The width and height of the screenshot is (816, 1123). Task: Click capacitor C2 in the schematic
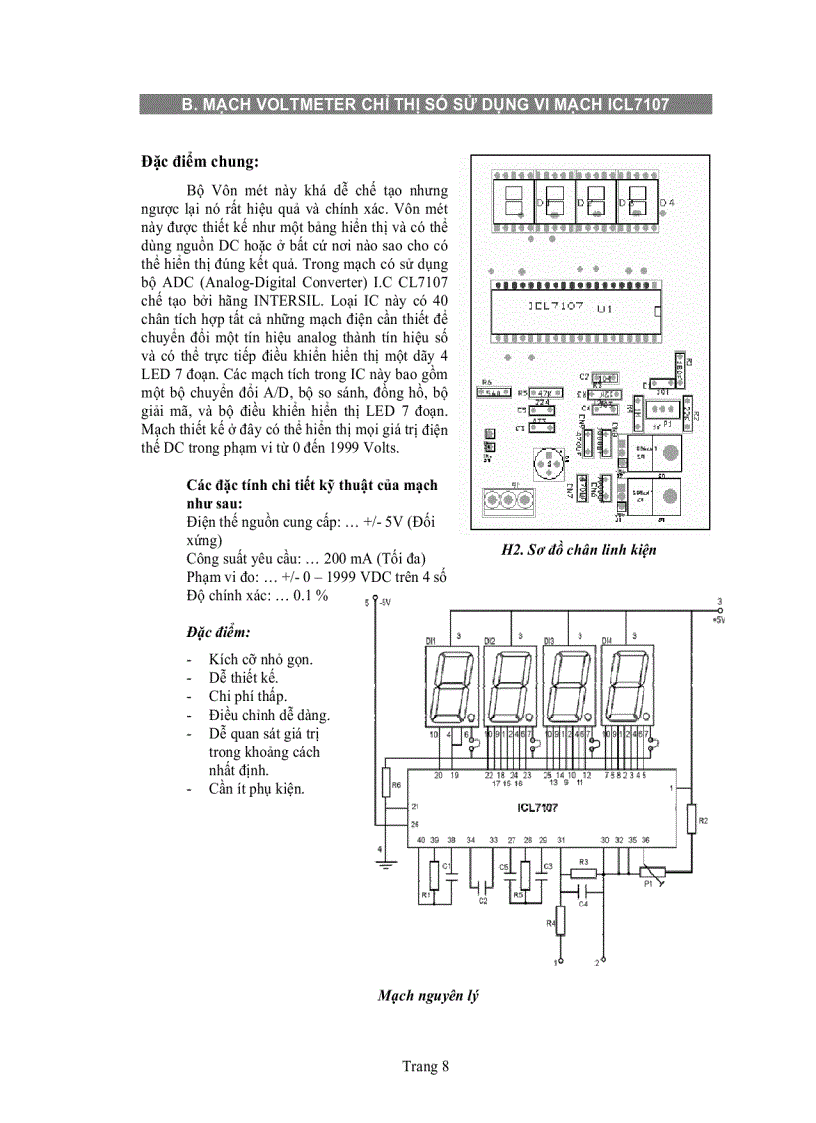[483, 886]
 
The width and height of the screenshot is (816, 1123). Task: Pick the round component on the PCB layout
[546, 463]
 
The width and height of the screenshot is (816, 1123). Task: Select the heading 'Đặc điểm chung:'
[200, 162]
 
